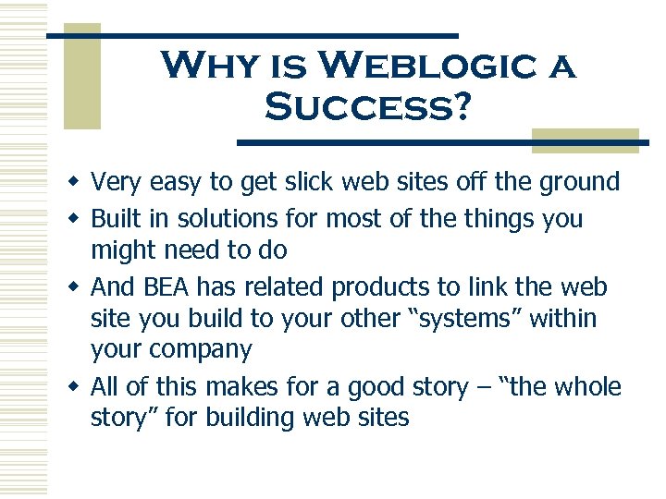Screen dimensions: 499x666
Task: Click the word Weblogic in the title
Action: click(x=424, y=67)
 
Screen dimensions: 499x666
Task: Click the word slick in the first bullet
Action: click(x=306, y=181)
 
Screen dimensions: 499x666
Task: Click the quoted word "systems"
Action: click(x=471, y=319)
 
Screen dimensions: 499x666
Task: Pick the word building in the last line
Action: click(x=269, y=418)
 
